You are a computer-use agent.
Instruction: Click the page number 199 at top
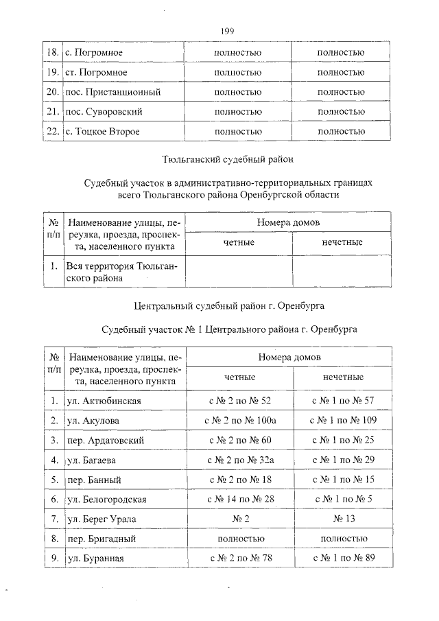pyautogui.click(x=228, y=31)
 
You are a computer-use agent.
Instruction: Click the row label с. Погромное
pyautogui.click(x=93, y=52)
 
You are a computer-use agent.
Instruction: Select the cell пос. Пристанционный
pyautogui.click(x=112, y=91)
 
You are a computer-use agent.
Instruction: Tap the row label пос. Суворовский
pyautogui.click(x=104, y=111)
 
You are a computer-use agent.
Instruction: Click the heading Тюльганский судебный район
pyautogui.click(x=228, y=159)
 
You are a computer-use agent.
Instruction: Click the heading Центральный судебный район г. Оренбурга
pyautogui.click(x=228, y=304)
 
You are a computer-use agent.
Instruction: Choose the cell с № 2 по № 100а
pyautogui.click(x=240, y=420)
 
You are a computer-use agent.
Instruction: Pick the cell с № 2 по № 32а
pyautogui.click(x=240, y=459)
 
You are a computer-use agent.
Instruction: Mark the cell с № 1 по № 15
pyautogui.click(x=342, y=479)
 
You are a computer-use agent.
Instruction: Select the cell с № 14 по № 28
pyautogui.click(x=240, y=499)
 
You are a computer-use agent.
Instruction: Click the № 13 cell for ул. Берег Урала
pyautogui.click(x=342, y=519)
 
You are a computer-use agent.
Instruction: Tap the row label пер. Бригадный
pyautogui.click(x=101, y=539)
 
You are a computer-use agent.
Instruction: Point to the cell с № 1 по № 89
pyautogui.click(x=342, y=558)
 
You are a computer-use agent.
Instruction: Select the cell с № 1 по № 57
pyautogui.click(x=342, y=400)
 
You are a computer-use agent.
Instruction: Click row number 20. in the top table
pyautogui.click(x=51, y=91)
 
